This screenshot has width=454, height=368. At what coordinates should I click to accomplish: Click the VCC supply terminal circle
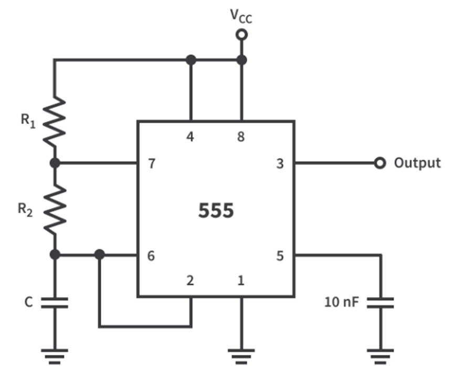[241, 35]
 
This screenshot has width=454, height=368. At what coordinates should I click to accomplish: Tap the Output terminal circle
[379, 163]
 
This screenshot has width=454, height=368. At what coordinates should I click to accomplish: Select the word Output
[417, 163]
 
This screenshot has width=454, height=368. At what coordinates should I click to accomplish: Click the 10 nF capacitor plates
[381, 302]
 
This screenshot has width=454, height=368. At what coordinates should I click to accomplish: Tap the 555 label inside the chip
[216, 211]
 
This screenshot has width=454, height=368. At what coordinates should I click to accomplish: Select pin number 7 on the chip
[151, 163]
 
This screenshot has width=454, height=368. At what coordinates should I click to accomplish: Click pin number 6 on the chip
[151, 256]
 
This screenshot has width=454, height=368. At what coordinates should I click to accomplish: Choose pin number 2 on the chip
[191, 281]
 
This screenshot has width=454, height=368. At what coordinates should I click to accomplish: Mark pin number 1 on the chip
[241, 281]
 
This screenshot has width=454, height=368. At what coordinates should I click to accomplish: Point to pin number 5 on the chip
[280, 256]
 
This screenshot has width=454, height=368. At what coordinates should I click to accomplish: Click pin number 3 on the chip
[280, 163]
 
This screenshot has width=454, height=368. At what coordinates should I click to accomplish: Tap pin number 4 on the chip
[191, 137]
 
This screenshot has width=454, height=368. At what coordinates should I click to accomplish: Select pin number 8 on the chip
[241, 137]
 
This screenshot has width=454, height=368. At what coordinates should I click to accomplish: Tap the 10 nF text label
[342, 302]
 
